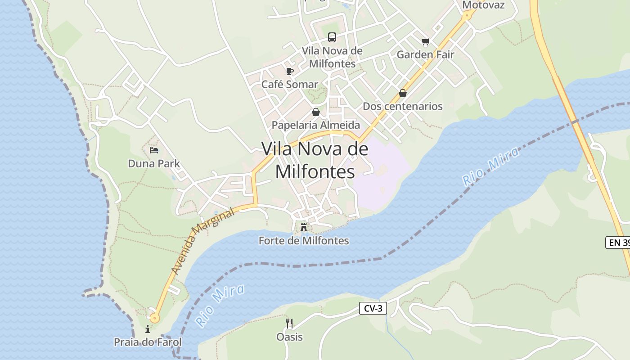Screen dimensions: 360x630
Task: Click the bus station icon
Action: pyautogui.click(x=332, y=37)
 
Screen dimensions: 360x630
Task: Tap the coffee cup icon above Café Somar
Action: pyautogui.click(x=290, y=71)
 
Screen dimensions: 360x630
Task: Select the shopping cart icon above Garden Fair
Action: pyautogui.click(x=425, y=42)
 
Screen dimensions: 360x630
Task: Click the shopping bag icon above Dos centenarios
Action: pyautogui.click(x=403, y=94)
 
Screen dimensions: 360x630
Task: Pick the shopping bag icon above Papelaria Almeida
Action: pyautogui.click(x=316, y=112)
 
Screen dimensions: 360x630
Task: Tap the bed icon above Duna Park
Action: pyautogui.click(x=154, y=150)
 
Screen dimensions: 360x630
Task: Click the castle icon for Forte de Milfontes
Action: pyautogui.click(x=304, y=227)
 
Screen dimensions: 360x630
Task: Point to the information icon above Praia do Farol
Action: pyautogui.click(x=148, y=329)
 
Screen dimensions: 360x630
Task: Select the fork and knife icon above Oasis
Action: pyautogui.click(x=289, y=323)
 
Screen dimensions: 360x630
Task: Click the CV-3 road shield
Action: pyautogui.click(x=373, y=308)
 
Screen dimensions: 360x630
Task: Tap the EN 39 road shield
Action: pyautogui.click(x=619, y=243)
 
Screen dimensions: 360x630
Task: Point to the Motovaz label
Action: pyautogui.click(x=483, y=5)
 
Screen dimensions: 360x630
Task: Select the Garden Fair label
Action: pyautogui.click(x=425, y=54)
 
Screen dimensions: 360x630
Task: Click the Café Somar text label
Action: pyautogui.click(x=290, y=84)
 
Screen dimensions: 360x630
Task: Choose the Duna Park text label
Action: pyautogui.click(x=154, y=163)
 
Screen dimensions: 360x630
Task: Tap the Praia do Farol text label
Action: pyautogui.click(x=148, y=342)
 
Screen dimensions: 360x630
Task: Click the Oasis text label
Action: pyautogui.click(x=289, y=337)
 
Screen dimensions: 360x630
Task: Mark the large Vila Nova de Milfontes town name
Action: pyautogui.click(x=315, y=160)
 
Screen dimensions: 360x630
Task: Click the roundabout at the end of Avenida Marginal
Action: pyautogui.click(x=155, y=318)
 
